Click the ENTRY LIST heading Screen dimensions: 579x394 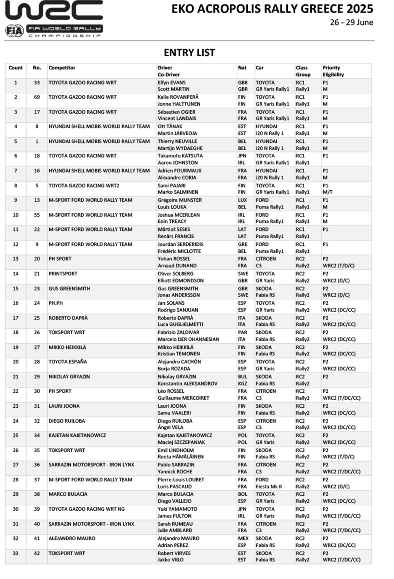click(x=189, y=53)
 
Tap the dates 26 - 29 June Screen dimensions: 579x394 click(x=351, y=23)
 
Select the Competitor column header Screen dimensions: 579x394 click(x=62, y=68)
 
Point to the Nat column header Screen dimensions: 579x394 click(x=242, y=68)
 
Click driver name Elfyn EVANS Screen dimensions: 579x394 click(x=171, y=83)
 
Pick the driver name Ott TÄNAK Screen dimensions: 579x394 click(x=170, y=127)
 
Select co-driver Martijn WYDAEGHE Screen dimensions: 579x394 click(x=180, y=148)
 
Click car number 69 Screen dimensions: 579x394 click(x=37, y=97)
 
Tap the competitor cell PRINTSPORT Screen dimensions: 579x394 click(x=63, y=274)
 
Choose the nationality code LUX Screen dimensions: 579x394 click(x=242, y=200)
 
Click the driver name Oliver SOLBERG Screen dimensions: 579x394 click(x=175, y=274)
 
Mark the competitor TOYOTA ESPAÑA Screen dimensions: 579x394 click(x=68, y=362)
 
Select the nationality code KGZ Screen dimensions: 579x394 click(x=242, y=384)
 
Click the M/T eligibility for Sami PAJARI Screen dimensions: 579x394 click(x=327, y=192)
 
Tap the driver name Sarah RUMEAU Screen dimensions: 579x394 click(x=175, y=524)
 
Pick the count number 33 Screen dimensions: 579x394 click(x=16, y=553)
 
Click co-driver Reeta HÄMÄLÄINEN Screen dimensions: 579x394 click(x=181, y=457)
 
